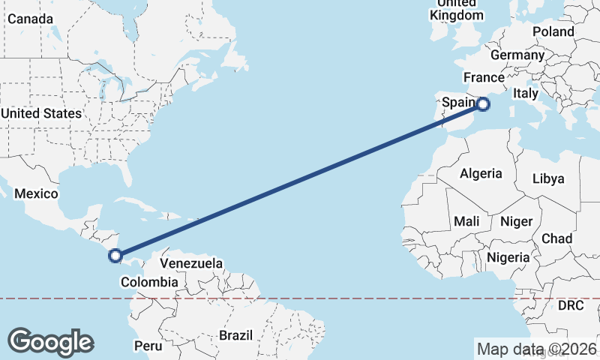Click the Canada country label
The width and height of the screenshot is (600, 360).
tap(30, 18)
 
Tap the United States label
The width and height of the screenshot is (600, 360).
tap(41, 113)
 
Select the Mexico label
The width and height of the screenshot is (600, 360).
tap(36, 193)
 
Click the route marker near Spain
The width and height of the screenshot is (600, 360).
tap(484, 104)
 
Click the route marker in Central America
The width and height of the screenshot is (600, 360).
tap(115, 256)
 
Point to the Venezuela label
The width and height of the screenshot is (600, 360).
tap(191, 264)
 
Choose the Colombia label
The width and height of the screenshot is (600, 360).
tap(148, 282)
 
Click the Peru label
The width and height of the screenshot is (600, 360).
tap(148, 346)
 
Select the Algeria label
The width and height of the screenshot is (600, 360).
tap(481, 173)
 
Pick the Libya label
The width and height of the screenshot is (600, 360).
tap(547, 179)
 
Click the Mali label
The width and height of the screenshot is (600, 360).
tap(466, 221)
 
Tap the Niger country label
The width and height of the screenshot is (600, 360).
tap(515, 221)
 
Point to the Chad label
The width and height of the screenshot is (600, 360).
tap(556, 238)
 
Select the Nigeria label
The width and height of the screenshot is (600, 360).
tap(508, 257)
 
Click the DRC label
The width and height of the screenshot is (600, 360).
tap(571, 306)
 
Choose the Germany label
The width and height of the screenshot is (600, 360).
tap(517, 55)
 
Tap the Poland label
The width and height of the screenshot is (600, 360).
tap(553, 31)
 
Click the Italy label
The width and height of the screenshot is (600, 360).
tap(525, 94)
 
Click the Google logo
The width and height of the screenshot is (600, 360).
tap(50, 342)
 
